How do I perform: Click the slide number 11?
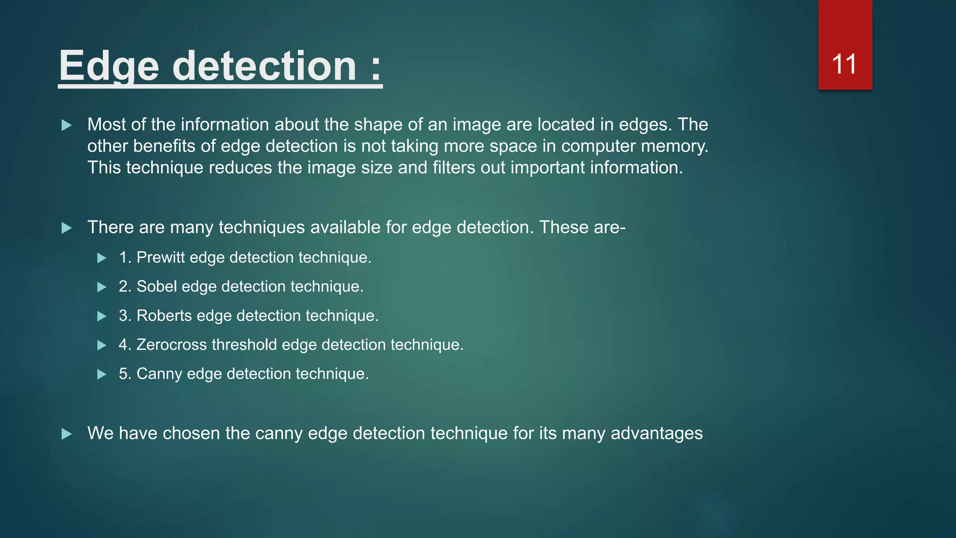[x=844, y=64]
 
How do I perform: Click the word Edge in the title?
[x=109, y=66]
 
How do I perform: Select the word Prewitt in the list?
[x=161, y=257]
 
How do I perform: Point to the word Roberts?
[x=164, y=316]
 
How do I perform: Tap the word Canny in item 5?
[x=159, y=374]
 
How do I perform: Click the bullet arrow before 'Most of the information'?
[x=67, y=125]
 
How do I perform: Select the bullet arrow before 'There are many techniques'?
[x=67, y=228]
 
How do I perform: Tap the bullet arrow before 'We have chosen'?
[x=67, y=434]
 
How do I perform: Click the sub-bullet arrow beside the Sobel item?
[x=102, y=287]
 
